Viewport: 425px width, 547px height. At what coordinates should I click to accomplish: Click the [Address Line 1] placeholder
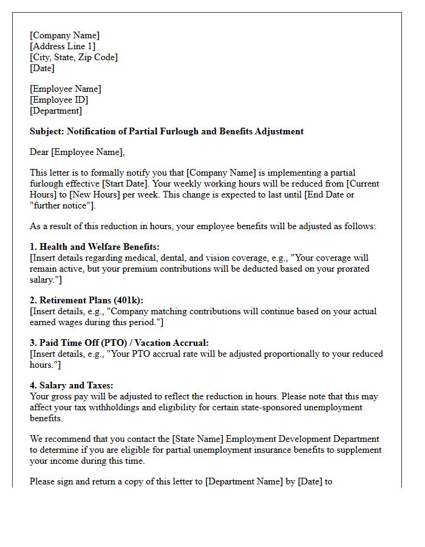[x=63, y=46]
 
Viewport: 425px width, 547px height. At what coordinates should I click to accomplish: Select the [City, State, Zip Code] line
[x=73, y=57]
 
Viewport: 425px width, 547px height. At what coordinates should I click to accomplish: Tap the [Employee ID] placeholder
[x=59, y=100]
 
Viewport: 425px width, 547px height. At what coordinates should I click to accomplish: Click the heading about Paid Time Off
[x=119, y=343]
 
